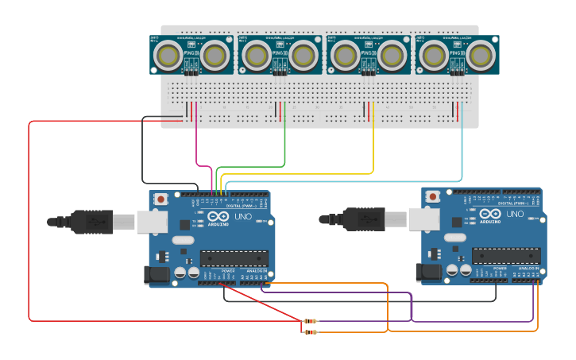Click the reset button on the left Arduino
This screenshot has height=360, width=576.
tap(161, 199)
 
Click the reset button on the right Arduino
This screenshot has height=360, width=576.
tap(433, 196)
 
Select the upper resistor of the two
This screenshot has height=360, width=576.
tap(310, 321)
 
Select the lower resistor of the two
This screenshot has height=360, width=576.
tap(310, 331)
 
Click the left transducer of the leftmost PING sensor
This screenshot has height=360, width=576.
tap(168, 55)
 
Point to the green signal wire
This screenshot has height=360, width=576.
tap(284, 143)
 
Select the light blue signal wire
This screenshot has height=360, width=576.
tap(462, 151)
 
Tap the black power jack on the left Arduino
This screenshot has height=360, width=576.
tap(157, 275)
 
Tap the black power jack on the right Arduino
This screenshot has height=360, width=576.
tap(429, 273)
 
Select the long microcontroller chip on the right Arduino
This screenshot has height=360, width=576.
tap(506, 255)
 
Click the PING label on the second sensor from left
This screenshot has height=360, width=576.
tap(279, 53)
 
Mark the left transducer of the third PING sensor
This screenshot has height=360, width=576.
tap(344, 55)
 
